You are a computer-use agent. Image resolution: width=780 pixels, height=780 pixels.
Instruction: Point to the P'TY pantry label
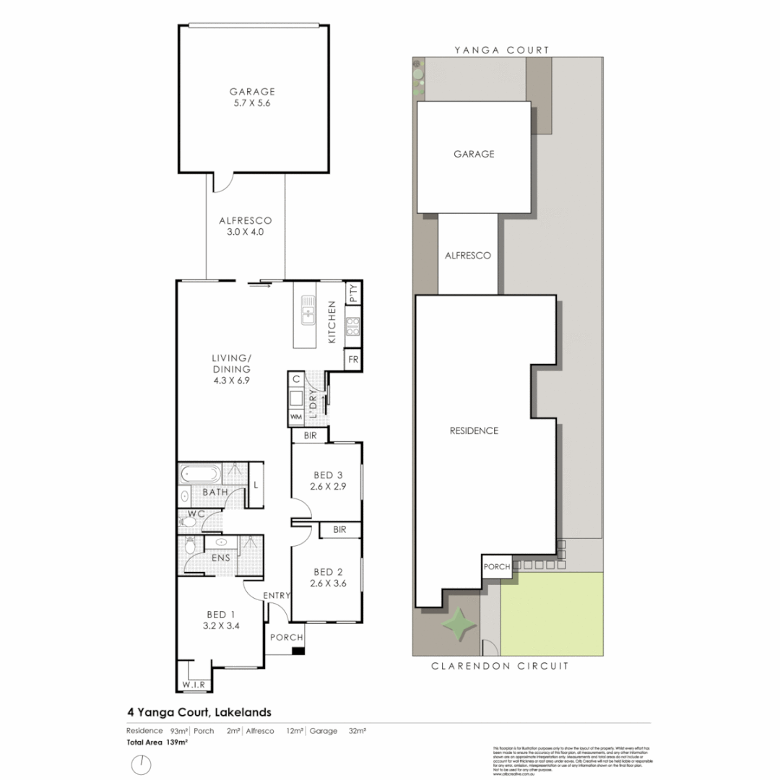pyautogui.click(x=353, y=293)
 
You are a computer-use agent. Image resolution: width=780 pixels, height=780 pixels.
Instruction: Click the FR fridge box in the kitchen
pyautogui.click(x=353, y=360)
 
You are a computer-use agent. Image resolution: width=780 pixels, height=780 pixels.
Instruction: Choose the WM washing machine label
pyautogui.click(x=296, y=417)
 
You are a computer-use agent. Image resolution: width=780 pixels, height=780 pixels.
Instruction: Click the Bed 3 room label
pyautogui.click(x=328, y=474)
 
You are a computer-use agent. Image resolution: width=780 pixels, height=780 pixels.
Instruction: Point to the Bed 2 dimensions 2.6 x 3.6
pyautogui.click(x=328, y=583)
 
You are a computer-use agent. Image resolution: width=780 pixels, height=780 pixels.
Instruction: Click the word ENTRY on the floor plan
pyautogui.click(x=277, y=595)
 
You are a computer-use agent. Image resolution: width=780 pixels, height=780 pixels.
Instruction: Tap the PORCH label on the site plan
pyautogui.click(x=497, y=566)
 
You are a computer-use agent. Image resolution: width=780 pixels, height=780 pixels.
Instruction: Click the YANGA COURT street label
pyautogui.click(x=502, y=50)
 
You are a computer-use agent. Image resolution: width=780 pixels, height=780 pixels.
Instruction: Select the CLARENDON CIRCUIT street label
pyautogui.click(x=500, y=666)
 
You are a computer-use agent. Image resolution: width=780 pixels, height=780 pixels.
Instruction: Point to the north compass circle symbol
pyautogui.click(x=142, y=763)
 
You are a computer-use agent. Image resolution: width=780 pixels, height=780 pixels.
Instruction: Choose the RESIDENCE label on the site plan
pyautogui.click(x=474, y=430)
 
